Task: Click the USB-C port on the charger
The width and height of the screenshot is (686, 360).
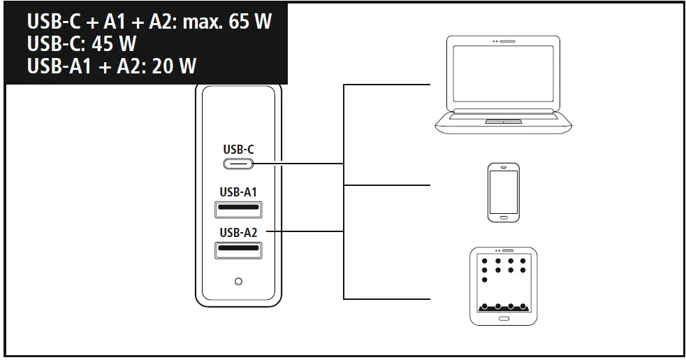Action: tap(239, 164)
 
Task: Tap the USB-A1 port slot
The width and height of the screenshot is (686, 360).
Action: tap(239, 208)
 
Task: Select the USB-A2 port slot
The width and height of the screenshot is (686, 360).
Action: tap(239, 249)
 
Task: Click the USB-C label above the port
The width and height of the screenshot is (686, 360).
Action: tap(239, 149)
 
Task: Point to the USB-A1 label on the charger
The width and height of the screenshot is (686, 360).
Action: tap(239, 192)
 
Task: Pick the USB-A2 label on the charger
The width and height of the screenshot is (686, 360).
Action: tap(239, 232)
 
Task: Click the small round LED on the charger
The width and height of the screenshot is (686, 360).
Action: tap(239, 281)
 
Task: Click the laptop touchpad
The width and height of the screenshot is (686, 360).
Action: tap(504, 122)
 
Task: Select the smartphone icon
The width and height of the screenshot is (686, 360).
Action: tap(503, 192)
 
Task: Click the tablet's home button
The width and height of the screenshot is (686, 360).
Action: tap(503, 319)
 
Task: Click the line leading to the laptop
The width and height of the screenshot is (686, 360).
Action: tap(388, 85)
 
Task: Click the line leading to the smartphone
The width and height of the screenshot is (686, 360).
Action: tap(388, 186)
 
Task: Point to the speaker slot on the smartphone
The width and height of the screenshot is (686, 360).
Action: tap(503, 168)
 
